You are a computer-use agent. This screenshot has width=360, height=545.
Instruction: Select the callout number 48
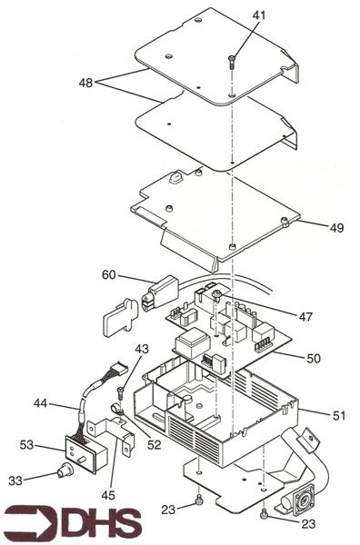coord(85,82)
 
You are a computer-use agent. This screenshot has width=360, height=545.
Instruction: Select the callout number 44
coord(40,404)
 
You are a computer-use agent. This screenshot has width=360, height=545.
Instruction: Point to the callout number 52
coord(155,444)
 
